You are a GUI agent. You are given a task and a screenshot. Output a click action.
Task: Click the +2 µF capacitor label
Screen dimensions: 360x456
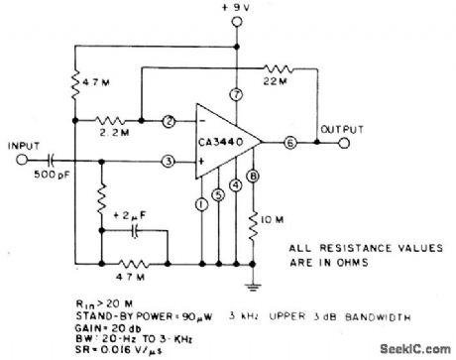pyautogui.click(x=130, y=214)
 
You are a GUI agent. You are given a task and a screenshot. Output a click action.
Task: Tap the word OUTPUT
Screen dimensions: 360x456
pyautogui.click(x=337, y=127)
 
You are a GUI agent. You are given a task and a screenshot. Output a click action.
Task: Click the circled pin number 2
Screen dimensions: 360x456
pyautogui.click(x=171, y=122)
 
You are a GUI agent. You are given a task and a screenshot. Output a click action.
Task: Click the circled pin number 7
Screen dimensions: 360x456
pyautogui.click(x=236, y=95)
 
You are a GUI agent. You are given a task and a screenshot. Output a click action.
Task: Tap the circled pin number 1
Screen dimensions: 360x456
pyautogui.click(x=201, y=204)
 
